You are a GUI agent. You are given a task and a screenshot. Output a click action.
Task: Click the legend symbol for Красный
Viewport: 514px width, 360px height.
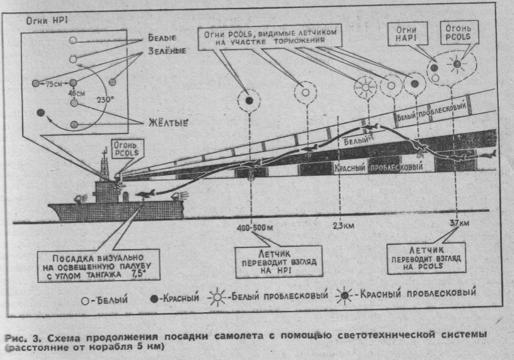pos(155,299)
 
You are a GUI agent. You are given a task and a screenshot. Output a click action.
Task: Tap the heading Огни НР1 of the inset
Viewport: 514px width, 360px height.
pos(40,20)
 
